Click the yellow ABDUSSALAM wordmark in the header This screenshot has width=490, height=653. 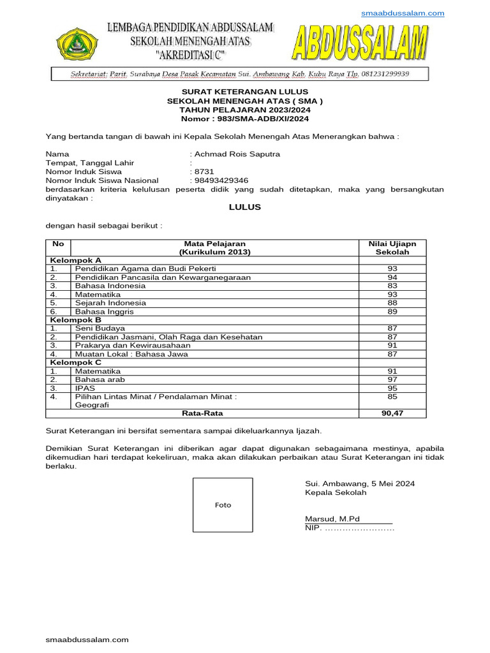[360, 47]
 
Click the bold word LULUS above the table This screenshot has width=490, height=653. [245, 207]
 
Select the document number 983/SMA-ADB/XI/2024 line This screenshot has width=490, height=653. [245, 119]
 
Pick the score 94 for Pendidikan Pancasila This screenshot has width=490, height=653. [392, 277]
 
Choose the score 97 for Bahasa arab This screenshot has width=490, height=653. [392, 379]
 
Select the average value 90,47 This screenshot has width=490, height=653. [392, 413]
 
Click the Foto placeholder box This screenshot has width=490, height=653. [223, 505]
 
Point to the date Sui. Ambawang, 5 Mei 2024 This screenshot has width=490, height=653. [360, 484]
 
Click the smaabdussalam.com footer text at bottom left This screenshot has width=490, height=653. [87, 640]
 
